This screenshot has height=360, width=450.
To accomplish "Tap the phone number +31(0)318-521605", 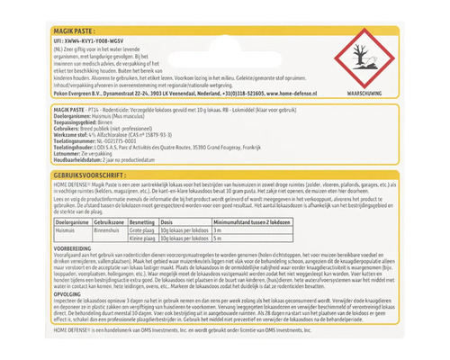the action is [220, 91].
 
